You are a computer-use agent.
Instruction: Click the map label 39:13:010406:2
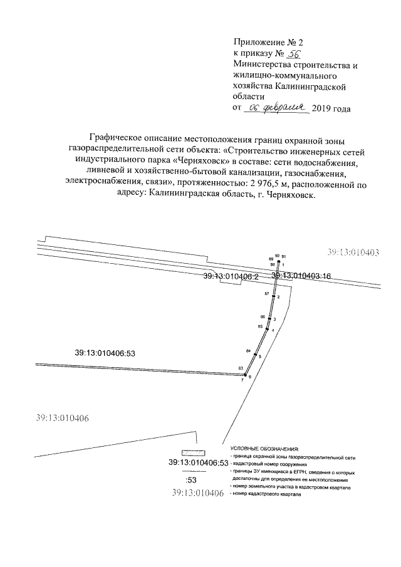[231, 276]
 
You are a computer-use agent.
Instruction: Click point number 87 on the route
[267, 293]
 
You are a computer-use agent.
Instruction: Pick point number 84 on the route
[249, 350]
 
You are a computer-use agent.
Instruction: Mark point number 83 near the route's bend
[241, 368]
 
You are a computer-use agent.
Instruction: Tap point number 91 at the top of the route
[284, 257]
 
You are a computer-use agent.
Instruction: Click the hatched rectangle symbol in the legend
[192, 453]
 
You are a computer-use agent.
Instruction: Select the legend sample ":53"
[192, 480]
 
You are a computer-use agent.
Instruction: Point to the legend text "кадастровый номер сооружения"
[271, 465]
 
